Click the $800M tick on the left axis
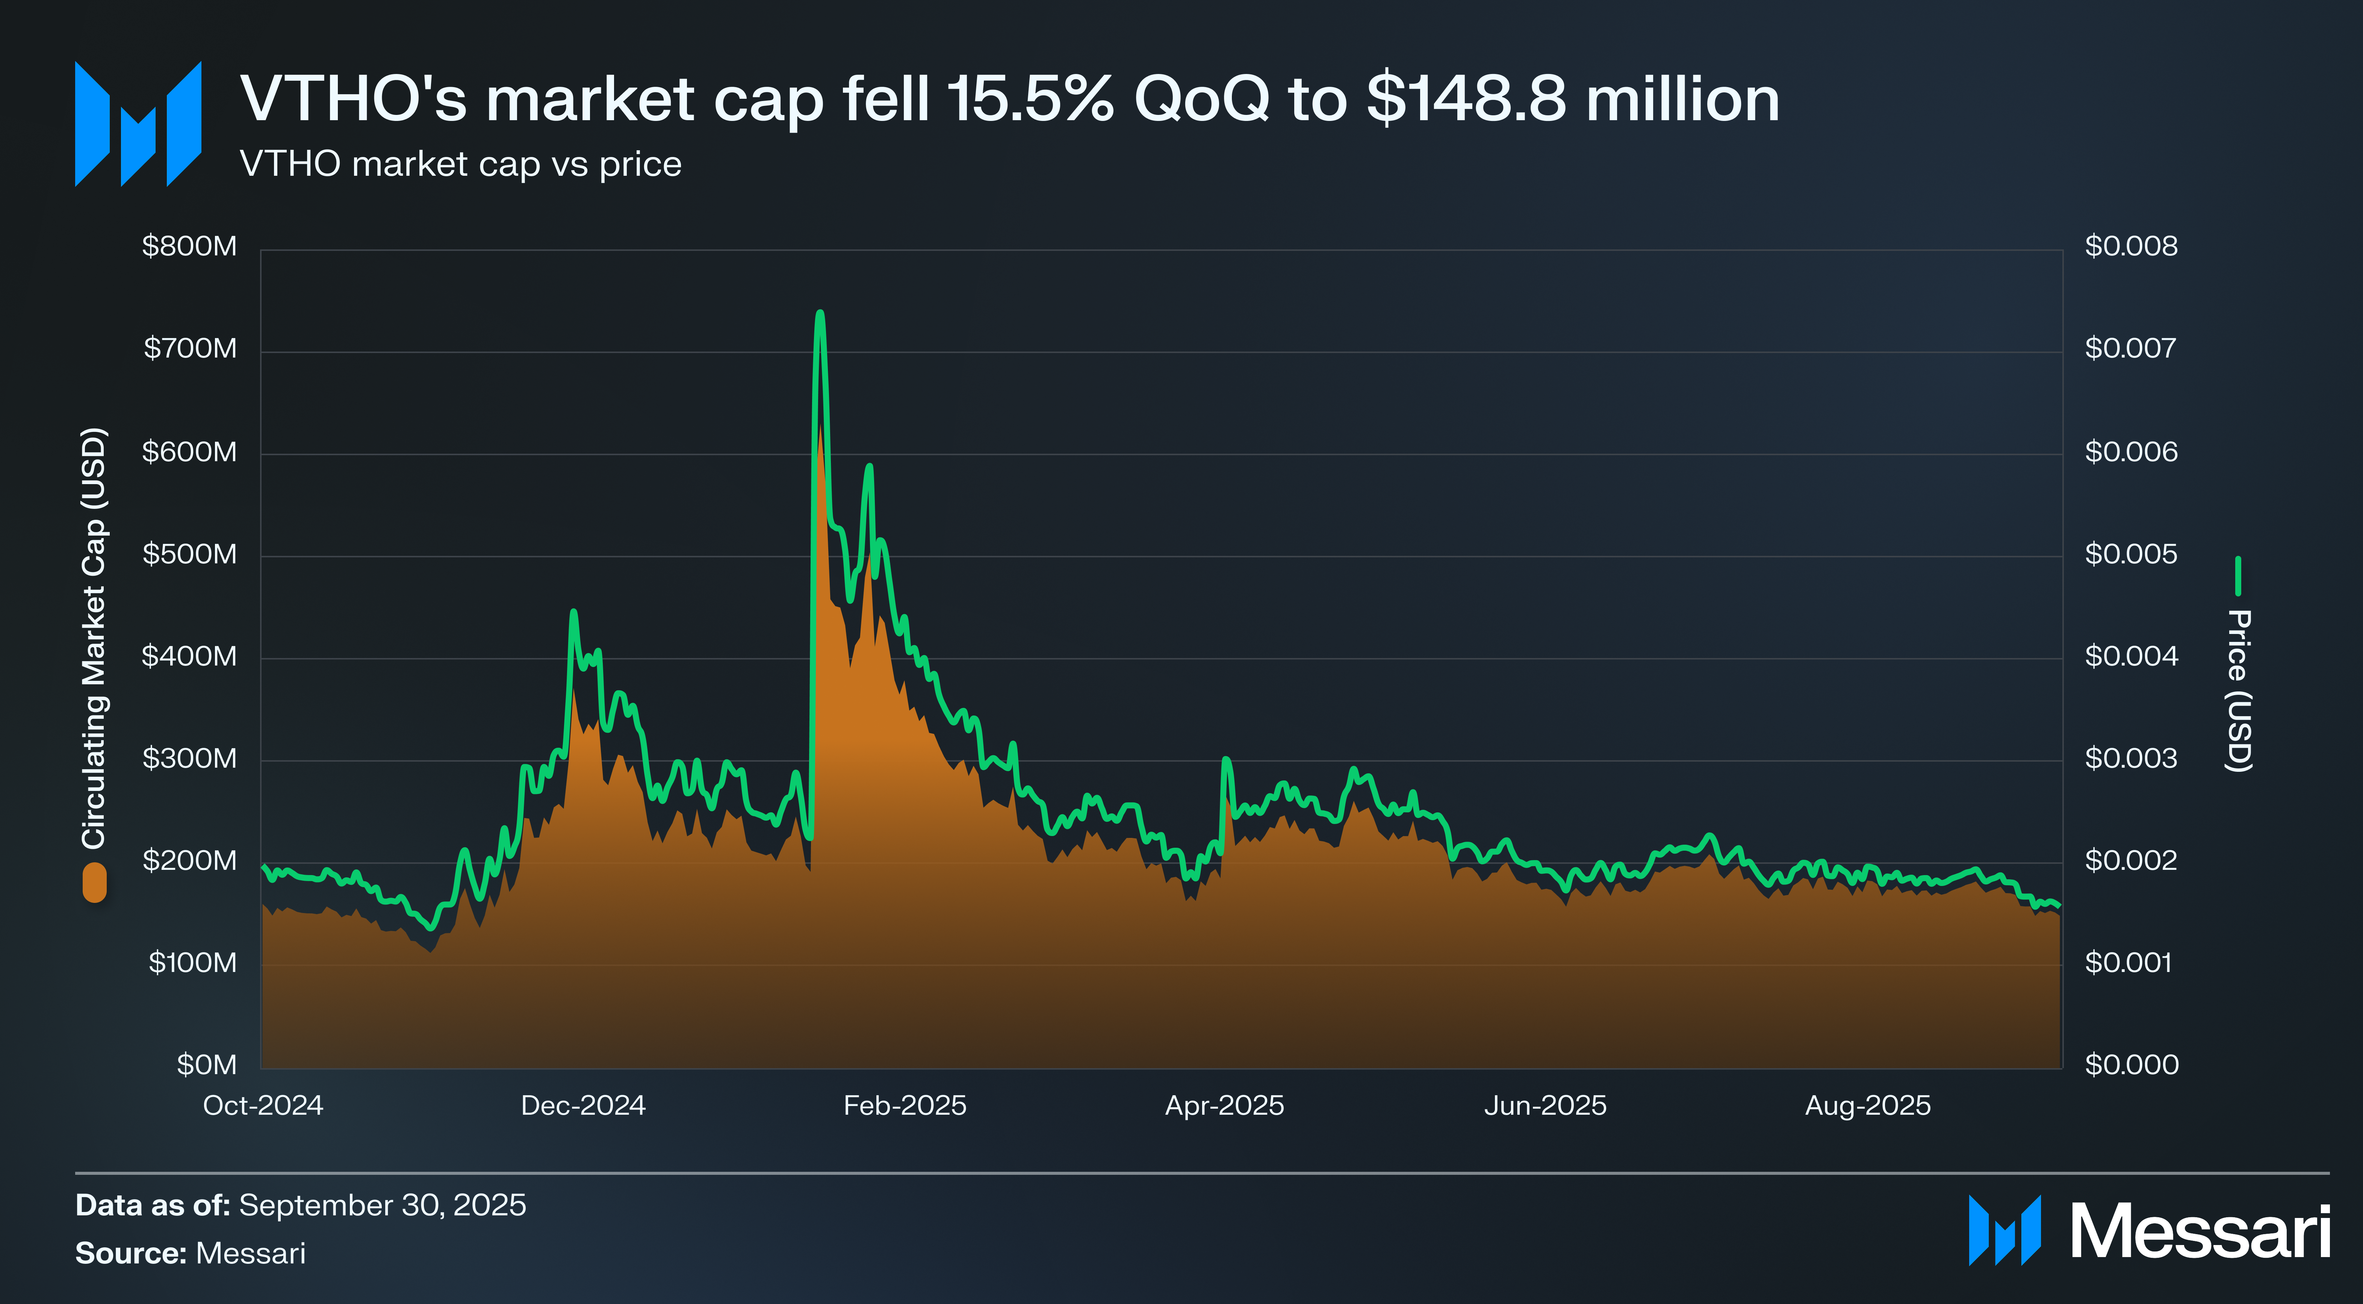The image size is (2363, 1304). coord(189,247)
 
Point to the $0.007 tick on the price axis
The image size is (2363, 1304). coord(2130,349)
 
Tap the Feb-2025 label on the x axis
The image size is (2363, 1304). coord(905,1106)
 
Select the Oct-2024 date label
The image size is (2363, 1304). coord(263,1106)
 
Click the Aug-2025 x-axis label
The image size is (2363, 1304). coord(1868,1106)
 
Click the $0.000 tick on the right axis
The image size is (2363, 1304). coord(2131,1065)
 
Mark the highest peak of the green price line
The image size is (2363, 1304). coord(820,314)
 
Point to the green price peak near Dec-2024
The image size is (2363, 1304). coord(573,612)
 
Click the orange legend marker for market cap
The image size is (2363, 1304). coord(94,882)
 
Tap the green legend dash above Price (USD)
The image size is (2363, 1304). coord(2238,576)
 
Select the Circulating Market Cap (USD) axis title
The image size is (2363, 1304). coord(94,637)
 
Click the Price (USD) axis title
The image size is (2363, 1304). coord(2238,691)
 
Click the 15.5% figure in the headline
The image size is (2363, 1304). coord(1030,99)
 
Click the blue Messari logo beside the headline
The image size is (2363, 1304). coord(138,124)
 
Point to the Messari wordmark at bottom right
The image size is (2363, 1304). coord(2200,1232)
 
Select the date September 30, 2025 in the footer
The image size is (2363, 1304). coord(383,1205)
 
